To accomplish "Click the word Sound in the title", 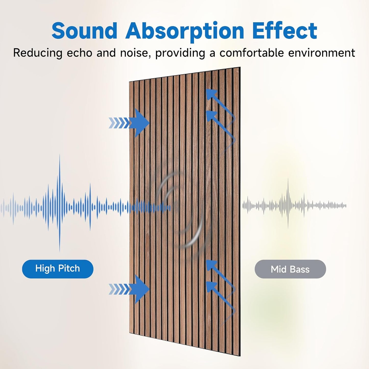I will (84, 31).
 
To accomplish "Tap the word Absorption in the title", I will (185, 31).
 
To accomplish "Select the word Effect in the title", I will (284, 31).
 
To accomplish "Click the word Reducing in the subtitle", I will (38, 53).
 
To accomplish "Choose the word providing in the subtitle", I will (180, 53).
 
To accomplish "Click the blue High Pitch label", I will (58, 269).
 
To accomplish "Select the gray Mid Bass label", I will (290, 269).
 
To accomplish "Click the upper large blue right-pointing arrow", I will (140, 123).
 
